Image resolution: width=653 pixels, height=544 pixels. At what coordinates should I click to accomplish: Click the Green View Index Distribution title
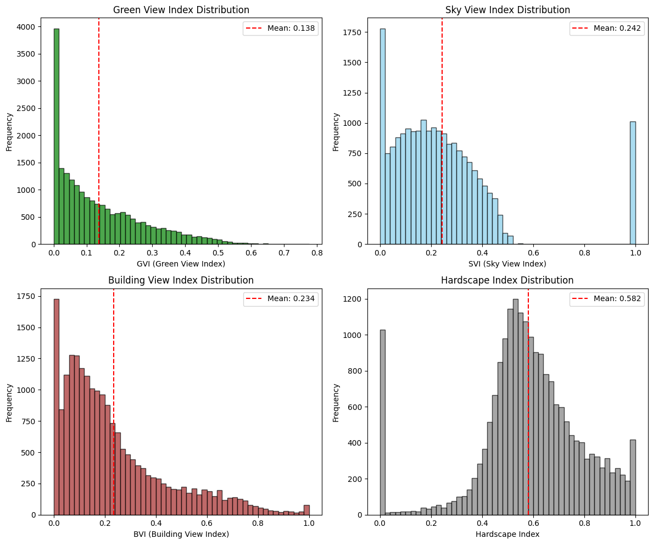181,10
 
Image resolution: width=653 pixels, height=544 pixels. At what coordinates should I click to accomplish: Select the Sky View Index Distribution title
507,10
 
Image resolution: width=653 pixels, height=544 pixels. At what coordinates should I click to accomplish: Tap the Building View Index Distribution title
181,280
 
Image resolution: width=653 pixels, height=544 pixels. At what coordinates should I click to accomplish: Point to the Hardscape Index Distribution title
507,280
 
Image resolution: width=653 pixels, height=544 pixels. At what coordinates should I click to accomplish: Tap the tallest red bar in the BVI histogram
57,407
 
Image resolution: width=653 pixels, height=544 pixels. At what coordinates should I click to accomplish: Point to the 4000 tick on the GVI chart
27,27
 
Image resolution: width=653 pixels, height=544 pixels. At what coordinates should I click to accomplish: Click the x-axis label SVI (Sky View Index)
507,264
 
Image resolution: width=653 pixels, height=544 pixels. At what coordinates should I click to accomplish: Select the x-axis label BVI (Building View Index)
181,534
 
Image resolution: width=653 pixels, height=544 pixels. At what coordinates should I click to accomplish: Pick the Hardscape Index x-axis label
507,534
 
